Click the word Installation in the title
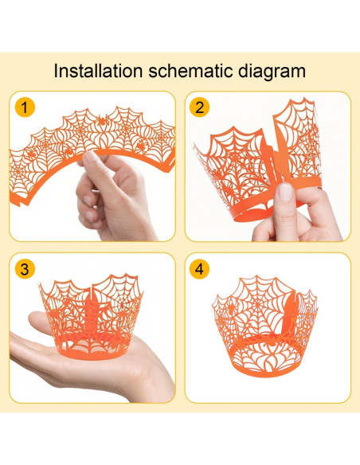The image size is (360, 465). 97,70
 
